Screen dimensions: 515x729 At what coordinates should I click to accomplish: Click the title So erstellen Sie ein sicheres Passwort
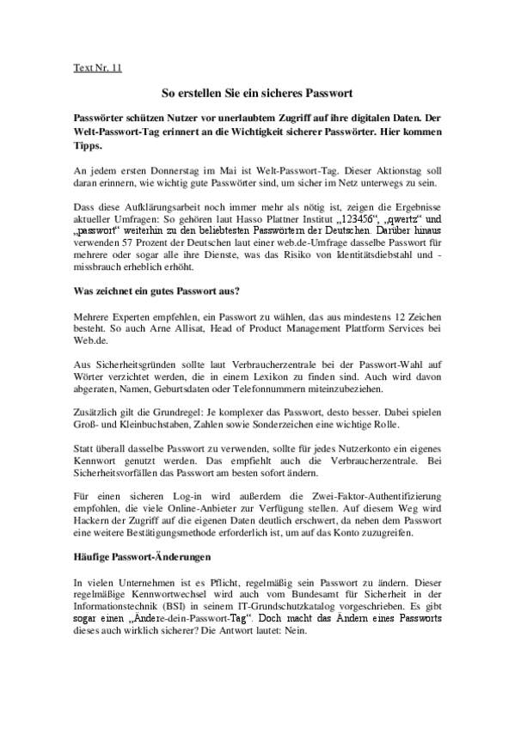click(x=258, y=92)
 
